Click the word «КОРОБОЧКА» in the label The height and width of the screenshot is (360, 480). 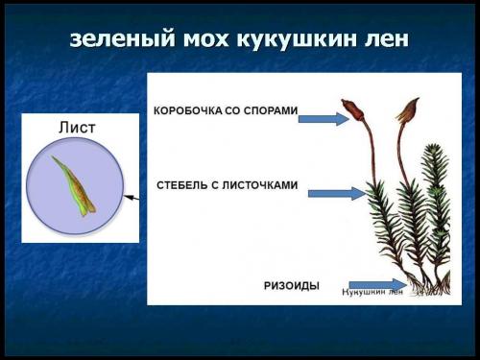188,111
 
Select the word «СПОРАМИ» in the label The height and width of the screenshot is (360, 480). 269,111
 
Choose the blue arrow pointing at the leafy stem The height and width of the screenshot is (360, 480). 337,193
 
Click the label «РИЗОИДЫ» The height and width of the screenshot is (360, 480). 292,285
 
